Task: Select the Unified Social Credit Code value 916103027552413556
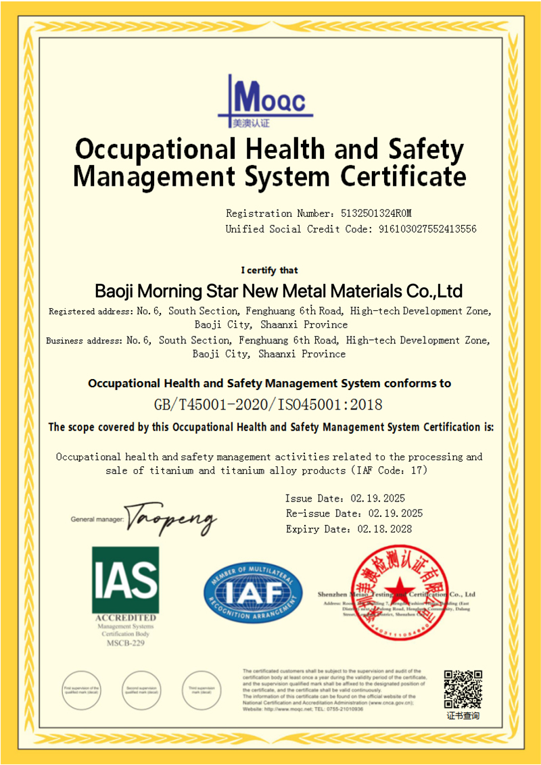tap(425, 229)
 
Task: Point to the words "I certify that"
tap(269, 270)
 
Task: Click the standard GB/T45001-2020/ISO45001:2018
tap(268, 405)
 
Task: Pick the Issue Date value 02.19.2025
tap(377, 499)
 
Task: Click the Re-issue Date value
tap(395, 514)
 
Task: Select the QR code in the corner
tap(463, 689)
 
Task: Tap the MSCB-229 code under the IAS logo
tap(125, 643)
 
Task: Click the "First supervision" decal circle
tap(81, 689)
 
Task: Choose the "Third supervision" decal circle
tap(202, 689)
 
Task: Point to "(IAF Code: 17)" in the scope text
tap(386, 470)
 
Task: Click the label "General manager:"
tap(97, 520)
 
